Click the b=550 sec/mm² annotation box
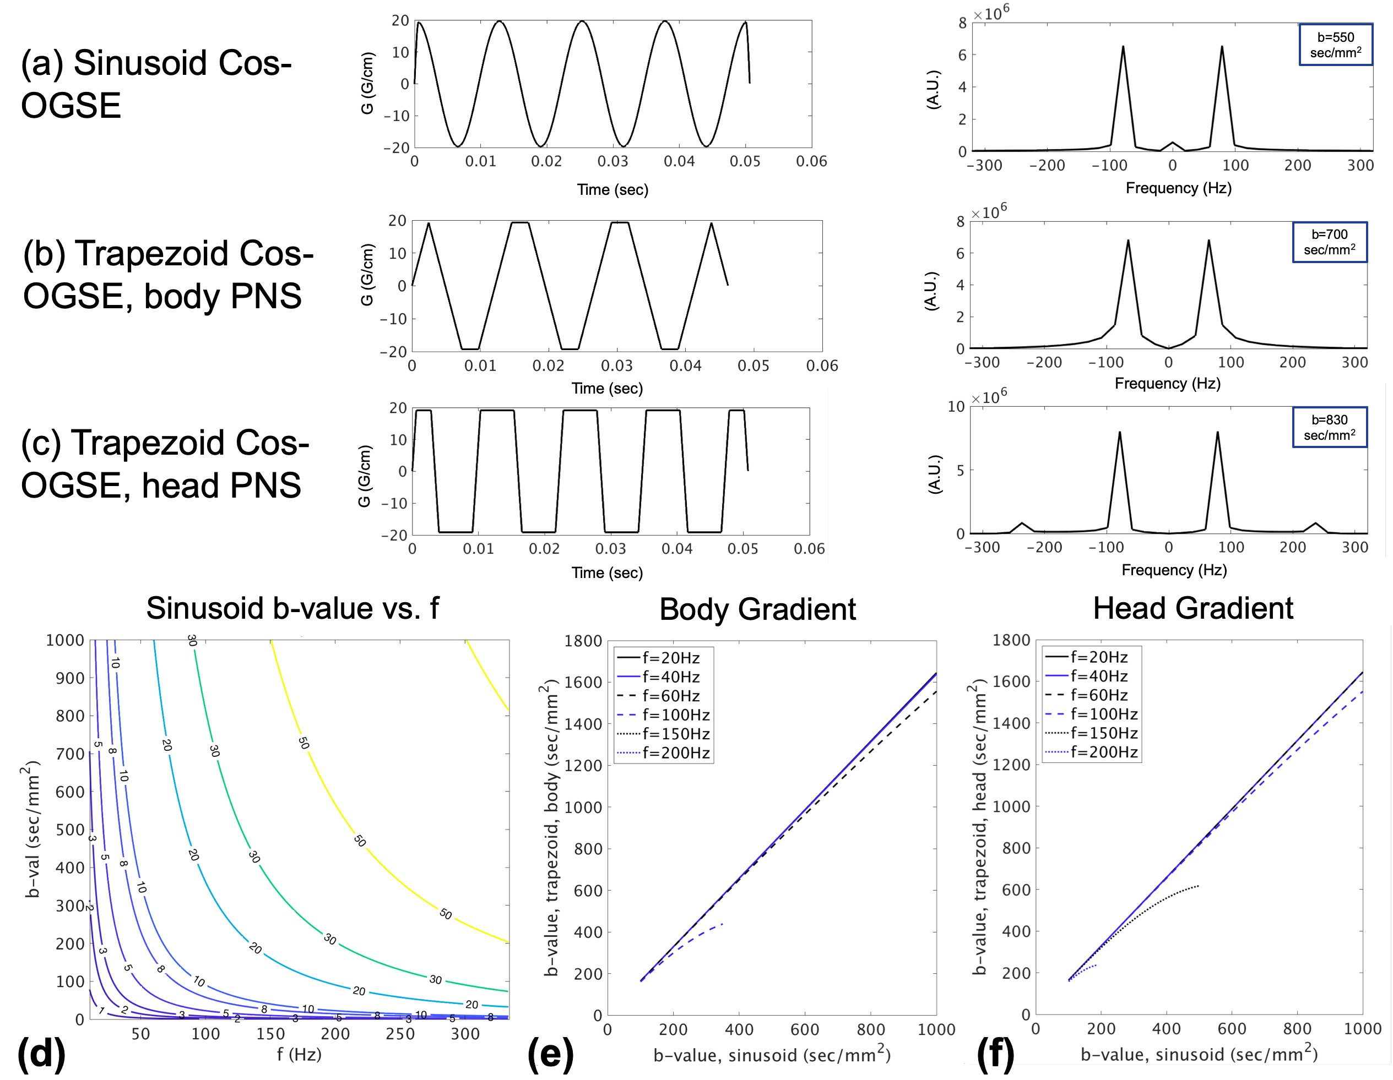tap(1335, 45)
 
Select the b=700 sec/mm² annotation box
tap(1329, 242)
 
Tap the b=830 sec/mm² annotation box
tap(1329, 427)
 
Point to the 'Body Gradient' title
tap(757, 609)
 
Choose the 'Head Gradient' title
tap(1193, 608)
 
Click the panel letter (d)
tap(41, 1053)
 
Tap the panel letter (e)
tap(550, 1053)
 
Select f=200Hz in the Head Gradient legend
tap(1104, 752)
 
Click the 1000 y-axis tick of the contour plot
tap(65, 640)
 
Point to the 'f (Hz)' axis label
tap(299, 1055)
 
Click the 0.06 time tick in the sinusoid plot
tap(811, 162)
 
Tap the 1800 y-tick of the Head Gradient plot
tap(1012, 640)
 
